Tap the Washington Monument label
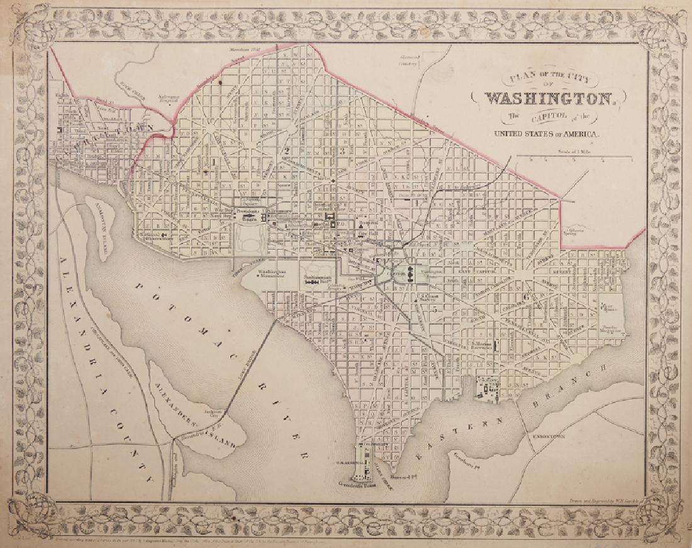(271, 274)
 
